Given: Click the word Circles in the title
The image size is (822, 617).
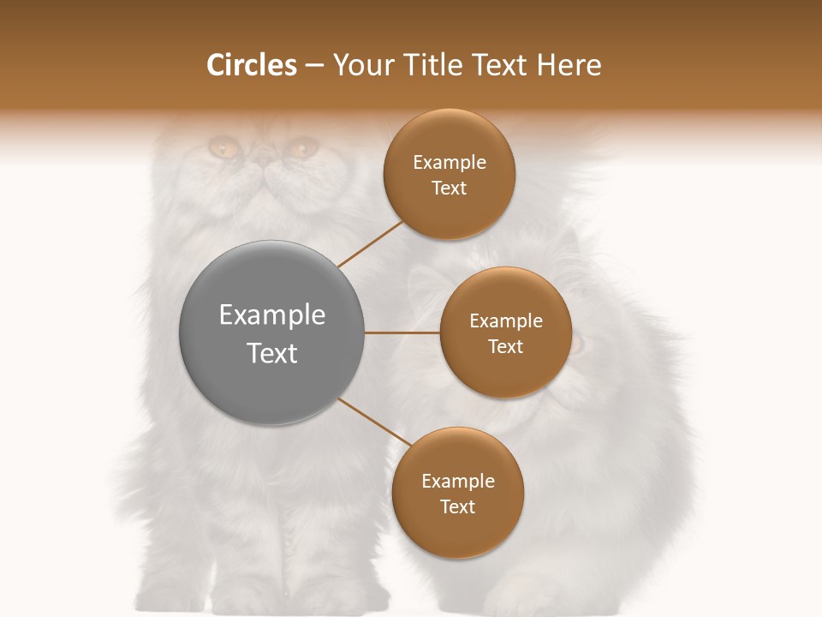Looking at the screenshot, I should [251, 65].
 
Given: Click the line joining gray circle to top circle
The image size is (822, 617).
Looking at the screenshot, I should [371, 243].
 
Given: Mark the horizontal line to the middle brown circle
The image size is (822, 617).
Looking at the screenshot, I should [402, 332].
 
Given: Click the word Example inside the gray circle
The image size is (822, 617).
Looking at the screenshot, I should [272, 315].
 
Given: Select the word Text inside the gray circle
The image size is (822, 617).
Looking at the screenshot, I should [272, 353].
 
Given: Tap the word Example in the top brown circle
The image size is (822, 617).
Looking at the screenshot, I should [450, 163].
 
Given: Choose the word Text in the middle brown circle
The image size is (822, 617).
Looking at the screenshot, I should [505, 347].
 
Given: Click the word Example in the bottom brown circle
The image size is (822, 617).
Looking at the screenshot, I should [458, 482].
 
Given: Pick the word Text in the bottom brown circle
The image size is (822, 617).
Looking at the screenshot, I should [457, 507].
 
